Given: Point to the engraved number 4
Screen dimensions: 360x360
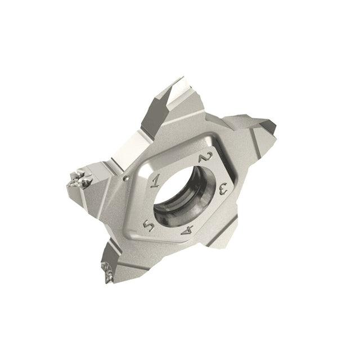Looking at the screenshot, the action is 187,229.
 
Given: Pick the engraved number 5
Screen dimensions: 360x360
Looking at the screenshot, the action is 148,226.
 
